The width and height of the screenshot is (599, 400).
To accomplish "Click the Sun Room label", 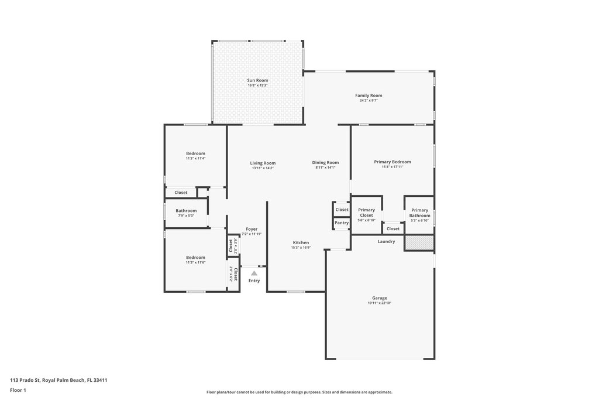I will [x=257, y=80].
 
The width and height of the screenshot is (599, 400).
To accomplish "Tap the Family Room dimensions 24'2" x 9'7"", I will [x=369, y=101].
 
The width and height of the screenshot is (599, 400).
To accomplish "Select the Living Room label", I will [x=263, y=163].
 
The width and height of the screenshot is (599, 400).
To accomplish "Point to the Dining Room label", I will [x=325, y=162].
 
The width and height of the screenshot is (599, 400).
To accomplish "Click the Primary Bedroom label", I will [x=393, y=162].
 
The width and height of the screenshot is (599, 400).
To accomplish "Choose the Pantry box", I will [x=342, y=223].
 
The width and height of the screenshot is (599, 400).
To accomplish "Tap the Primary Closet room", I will [x=366, y=214].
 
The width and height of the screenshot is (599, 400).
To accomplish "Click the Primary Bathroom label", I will [x=419, y=213].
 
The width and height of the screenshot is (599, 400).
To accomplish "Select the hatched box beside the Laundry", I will [x=419, y=242].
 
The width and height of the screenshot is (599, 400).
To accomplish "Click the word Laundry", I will [x=386, y=241].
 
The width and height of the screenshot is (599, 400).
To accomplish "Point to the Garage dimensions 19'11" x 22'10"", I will [x=380, y=303].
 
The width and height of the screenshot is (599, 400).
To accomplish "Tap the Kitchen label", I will [x=301, y=242].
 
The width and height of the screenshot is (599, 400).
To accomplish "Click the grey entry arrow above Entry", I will [x=254, y=273].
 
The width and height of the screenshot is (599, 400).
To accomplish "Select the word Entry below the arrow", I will [x=254, y=281].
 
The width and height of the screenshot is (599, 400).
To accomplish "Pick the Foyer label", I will [x=252, y=229].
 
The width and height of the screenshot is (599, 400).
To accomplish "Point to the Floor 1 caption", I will [x=18, y=389].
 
